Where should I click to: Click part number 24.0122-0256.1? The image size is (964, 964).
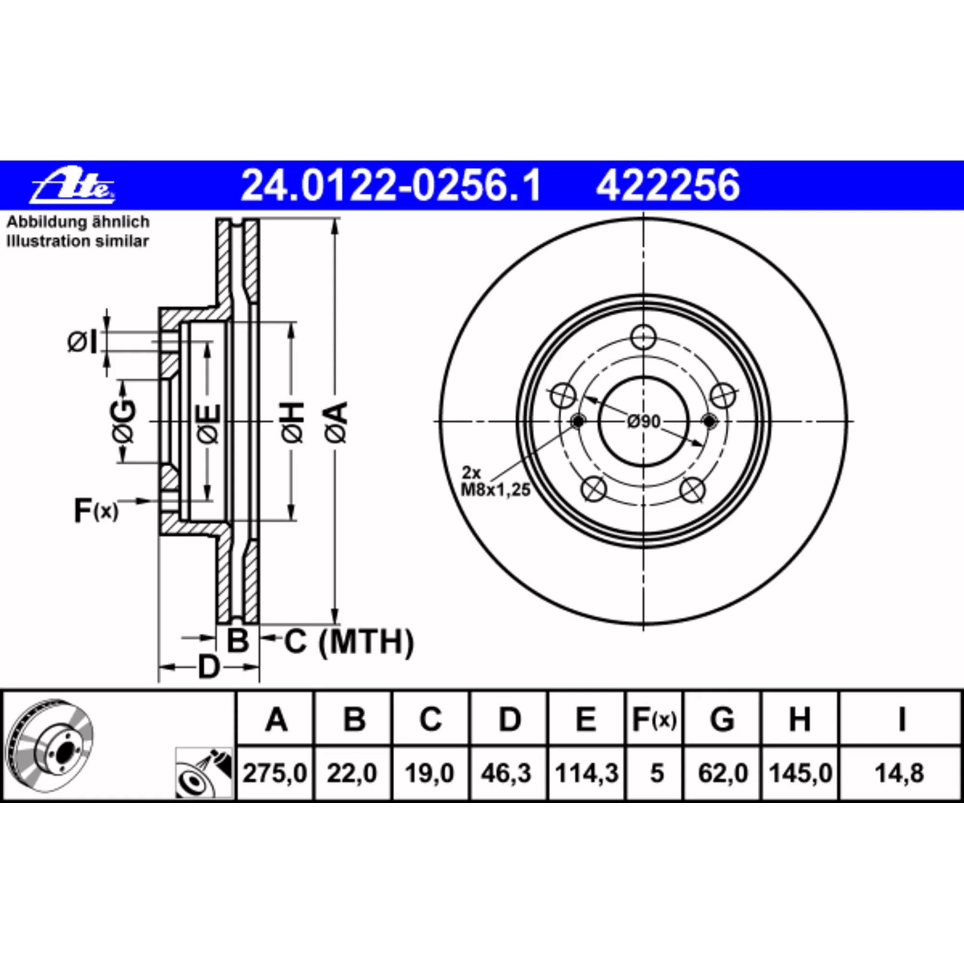390,186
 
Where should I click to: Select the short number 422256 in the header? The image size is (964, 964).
667,186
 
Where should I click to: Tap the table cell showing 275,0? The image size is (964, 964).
274,774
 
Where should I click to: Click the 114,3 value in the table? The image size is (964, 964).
586,774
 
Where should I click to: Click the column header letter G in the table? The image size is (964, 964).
722,720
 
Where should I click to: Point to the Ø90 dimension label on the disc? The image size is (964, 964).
643,422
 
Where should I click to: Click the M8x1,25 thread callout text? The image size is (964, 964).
495,491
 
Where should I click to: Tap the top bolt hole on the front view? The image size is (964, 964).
643,337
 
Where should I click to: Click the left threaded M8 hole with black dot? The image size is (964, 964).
578,422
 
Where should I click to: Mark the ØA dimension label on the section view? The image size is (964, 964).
337,422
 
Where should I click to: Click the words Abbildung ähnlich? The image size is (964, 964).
77,222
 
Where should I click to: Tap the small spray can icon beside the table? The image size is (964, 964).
204,774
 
